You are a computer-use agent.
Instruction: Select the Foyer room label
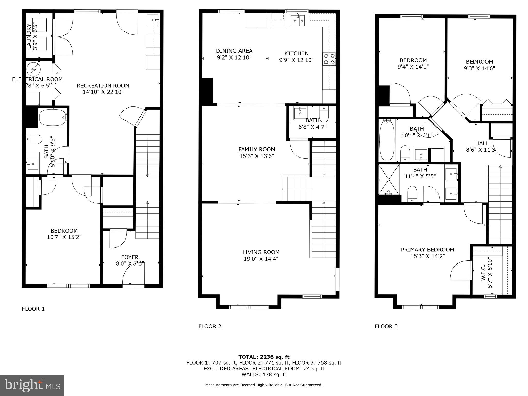click(x=130, y=257)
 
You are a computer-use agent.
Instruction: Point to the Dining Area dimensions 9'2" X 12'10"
click(x=234, y=57)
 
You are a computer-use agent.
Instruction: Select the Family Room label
click(x=257, y=150)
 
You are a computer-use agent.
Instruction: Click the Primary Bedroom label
click(x=427, y=250)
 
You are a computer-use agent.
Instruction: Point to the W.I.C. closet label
click(x=483, y=273)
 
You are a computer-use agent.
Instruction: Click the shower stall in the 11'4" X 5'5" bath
click(x=389, y=180)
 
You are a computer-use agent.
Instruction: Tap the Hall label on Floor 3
click(x=482, y=143)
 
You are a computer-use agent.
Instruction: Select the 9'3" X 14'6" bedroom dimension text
click(x=480, y=68)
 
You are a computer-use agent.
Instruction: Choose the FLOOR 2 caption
click(x=210, y=326)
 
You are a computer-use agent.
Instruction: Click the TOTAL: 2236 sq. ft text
click(x=264, y=357)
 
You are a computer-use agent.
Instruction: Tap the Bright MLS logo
click(x=32, y=385)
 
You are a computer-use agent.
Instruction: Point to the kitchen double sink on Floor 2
click(x=298, y=21)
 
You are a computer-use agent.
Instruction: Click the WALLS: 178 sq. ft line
click(x=264, y=374)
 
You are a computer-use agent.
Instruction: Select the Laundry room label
click(x=29, y=36)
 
